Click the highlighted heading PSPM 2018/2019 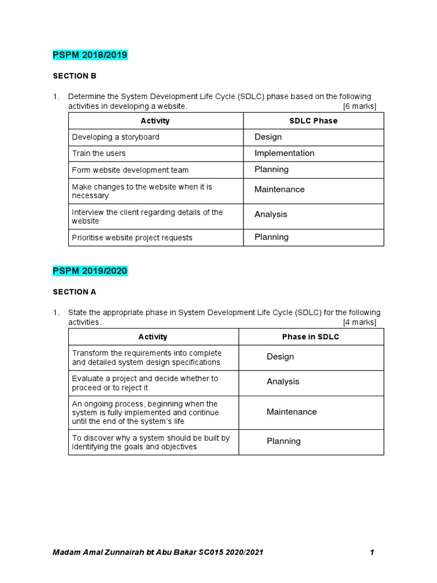(x=90, y=55)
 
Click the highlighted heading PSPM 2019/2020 (x=90, y=271)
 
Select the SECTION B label (x=75, y=76)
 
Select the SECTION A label (x=75, y=291)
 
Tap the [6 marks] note (x=359, y=106)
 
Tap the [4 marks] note (x=359, y=322)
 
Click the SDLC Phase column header (x=314, y=121)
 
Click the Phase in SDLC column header (x=311, y=336)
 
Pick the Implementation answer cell (x=284, y=153)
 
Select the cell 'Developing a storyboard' (x=116, y=137)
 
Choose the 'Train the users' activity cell (x=98, y=153)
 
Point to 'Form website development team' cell (x=130, y=170)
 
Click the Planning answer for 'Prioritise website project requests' (x=271, y=237)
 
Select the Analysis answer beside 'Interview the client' (x=271, y=214)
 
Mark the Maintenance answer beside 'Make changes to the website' (x=279, y=189)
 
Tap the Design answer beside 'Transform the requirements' (x=280, y=356)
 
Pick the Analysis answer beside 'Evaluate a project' (x=283, y=381)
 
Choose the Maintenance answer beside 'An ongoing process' (x=291, y=412)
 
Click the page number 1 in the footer (x=372, y=552)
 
